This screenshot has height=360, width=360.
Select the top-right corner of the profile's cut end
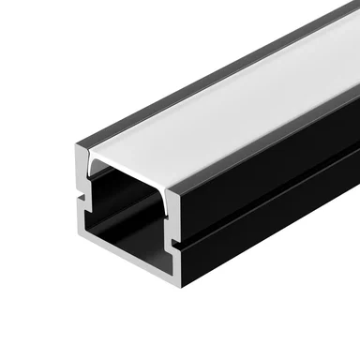click(176, 178)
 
